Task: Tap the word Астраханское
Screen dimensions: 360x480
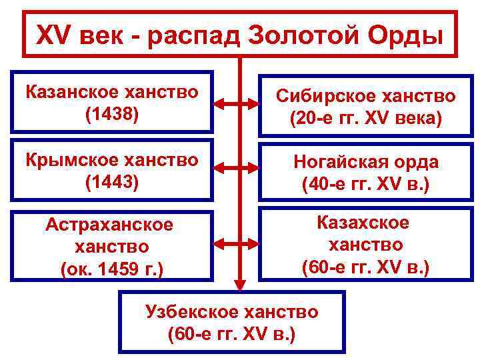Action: click(109, 225)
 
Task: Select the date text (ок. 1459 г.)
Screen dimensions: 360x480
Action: click(112, 269)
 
